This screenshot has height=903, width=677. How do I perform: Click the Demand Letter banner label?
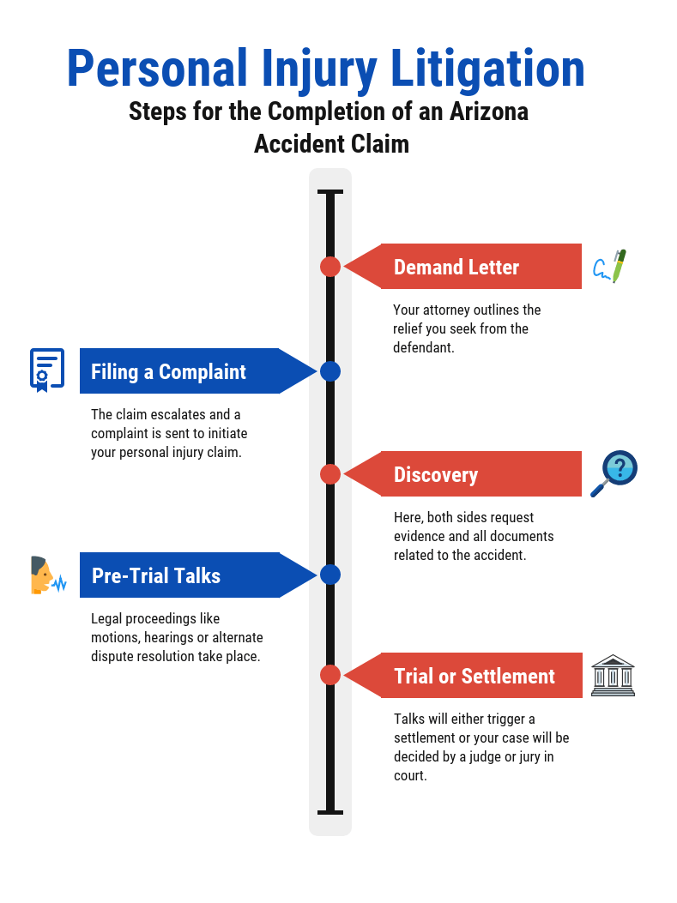pyautogui.click(x=456, y=268)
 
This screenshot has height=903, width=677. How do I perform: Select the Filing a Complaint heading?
pyautogui.click(x=168, y=371)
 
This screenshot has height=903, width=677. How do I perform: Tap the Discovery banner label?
pyautogui.click(x=436, y=475)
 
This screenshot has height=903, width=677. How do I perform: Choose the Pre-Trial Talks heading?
pyautogui.click(x=156, y=575)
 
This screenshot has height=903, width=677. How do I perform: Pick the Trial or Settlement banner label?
pyautogui.click(x=475, y=676)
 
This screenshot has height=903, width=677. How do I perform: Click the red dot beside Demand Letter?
pyautogui.click(x=330, y=267)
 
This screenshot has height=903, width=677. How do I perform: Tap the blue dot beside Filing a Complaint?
pyautogui.click(x=330, y=371)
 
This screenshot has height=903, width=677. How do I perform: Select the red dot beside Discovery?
pyautogui.click(x=330, y=474)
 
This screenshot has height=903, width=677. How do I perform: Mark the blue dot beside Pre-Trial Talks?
pyautogui.click(x=330, y=575)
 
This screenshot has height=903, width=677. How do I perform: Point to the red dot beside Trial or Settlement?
pyautogui.click(x=330, y=675)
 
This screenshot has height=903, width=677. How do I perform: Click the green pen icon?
pyautogui.click(x=611, y=267)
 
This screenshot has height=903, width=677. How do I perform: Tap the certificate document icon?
pyautogui.click(x=46, y=370)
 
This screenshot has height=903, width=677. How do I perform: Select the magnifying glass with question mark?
pyautogui.click(x=614, y=473)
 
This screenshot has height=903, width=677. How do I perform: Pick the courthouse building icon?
pyautogui.click(x=613, y=675)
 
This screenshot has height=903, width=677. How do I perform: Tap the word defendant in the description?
pyautogui.click(x=423, y=348)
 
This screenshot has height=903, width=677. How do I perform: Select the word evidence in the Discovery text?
pyautogui.click(x=420, y=536)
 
